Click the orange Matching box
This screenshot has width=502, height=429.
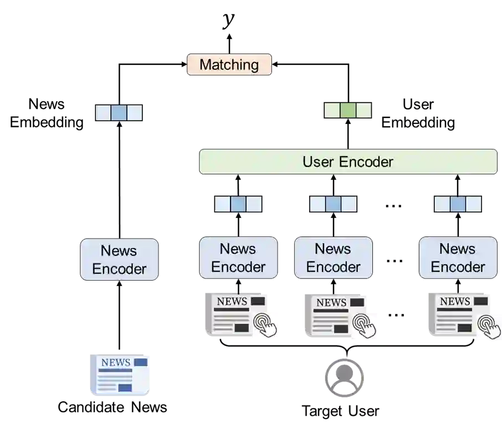229,65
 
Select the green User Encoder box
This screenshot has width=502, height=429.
348,162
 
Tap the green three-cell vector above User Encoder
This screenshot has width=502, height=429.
347,111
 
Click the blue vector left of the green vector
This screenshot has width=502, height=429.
119,113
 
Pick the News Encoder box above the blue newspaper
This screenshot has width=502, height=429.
120,260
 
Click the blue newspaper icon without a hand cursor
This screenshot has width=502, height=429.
120,375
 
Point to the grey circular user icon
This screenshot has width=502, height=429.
344,376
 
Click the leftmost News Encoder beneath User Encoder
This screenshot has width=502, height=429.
238,257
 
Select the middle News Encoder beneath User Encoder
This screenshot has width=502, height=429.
333,257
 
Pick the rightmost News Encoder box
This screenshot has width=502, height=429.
458,257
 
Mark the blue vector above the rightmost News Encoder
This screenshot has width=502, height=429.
458,204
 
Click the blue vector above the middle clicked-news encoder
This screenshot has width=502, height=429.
333,204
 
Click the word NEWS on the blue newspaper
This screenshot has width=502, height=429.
116,363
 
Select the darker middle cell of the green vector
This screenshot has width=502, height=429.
347,111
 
